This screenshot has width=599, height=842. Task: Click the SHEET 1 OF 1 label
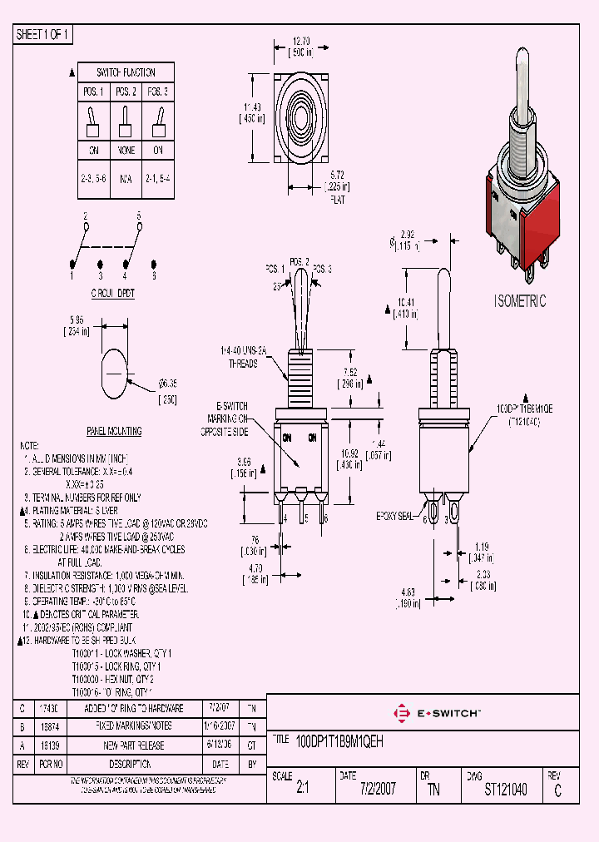pos(43,35)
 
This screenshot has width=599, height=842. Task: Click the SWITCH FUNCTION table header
pos(126,72)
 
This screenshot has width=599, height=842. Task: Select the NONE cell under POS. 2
pos(126,151)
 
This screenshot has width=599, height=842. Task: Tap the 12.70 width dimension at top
pos(301,41)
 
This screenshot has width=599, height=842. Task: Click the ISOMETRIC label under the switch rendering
pos(520,301)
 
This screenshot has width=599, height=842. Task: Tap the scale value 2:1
pos(302,789)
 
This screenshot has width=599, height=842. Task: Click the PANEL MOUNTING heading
pos(115,431)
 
